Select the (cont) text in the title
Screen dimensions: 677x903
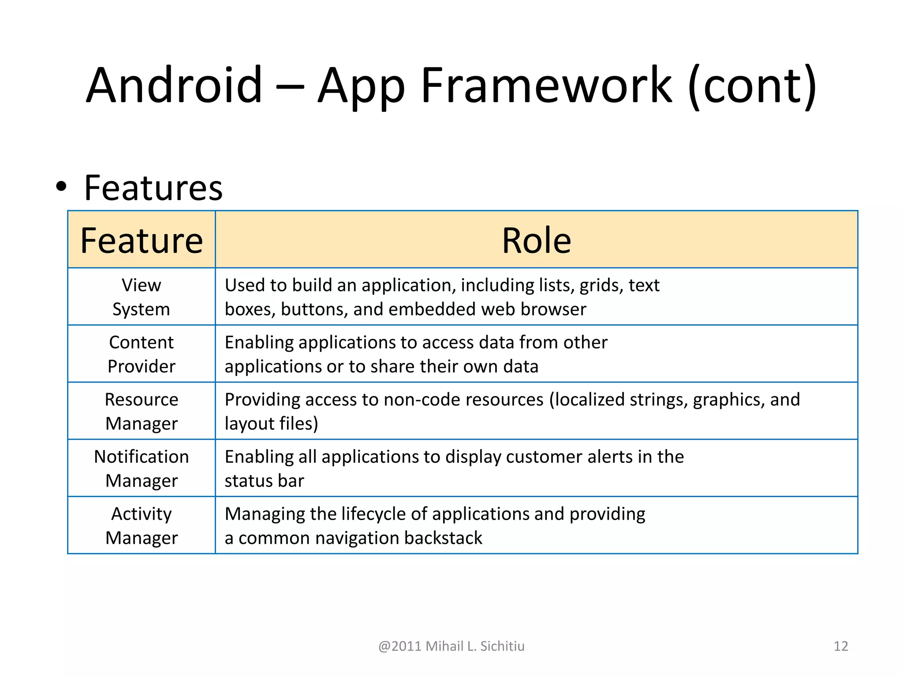click(x=752, y=86)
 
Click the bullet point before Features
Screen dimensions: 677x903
click(x=61, y=187)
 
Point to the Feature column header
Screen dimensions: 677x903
click(x=142, y=240)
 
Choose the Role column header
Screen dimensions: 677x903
click(x=536, y=240)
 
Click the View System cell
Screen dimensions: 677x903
click(x=142, y=297)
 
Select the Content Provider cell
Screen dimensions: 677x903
click(x=142, y=354)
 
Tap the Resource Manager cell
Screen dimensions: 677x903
click(x=142, y=411)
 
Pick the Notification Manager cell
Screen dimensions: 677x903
click(x=142, y=468)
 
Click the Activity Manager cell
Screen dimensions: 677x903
click(x=142, y=525)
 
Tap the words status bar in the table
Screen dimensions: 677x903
click(x=264, y=481)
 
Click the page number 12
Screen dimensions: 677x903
click(x=840, y=646)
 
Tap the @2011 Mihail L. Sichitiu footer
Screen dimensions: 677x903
click(x=451, y=646)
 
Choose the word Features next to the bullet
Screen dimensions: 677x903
click(x=153, y=188)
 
